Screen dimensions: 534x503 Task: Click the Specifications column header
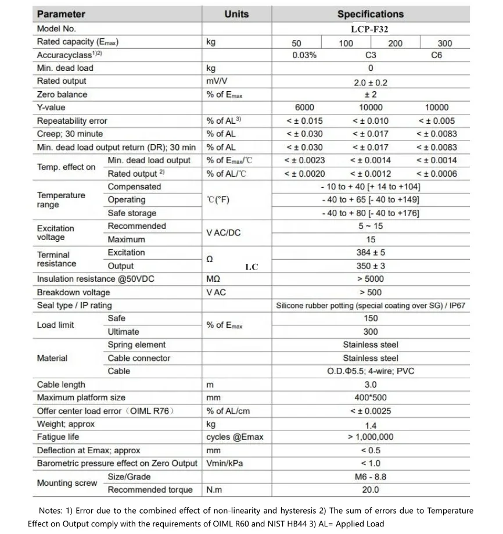point(370,14)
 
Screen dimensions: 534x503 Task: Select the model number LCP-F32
point(370,28)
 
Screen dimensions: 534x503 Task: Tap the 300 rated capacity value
point(444,43)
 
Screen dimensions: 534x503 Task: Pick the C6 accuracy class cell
point(436,55)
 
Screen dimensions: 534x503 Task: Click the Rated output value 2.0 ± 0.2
point(370,83)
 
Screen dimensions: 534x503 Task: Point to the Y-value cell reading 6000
point(304,107)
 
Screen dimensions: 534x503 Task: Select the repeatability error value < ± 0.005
point(436,121)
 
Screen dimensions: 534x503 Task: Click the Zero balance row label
point(62,94)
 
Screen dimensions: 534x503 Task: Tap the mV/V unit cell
point(216,81)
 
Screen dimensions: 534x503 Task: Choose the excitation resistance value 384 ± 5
point(370,253)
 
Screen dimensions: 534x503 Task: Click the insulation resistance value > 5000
point(370,279)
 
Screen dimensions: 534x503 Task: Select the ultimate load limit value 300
point(370,332)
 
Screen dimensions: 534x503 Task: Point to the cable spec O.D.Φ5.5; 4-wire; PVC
point(370,371)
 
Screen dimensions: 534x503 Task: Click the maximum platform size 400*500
point(370,398)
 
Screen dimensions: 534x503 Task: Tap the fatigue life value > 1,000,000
point(370,437)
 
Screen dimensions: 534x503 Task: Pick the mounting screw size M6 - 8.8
point(370,477)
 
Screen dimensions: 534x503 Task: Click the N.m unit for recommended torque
point(214,490)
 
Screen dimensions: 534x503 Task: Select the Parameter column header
point(61,14)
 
